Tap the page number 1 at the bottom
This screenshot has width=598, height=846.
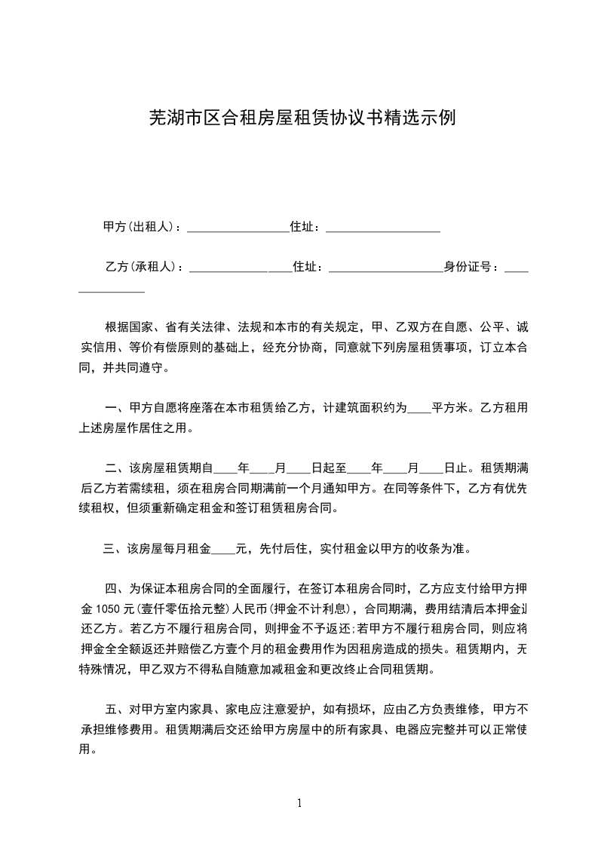pyautogui.click(x=300, y=802)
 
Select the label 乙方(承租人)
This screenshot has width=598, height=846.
pyautogui.click(x=141, y=266)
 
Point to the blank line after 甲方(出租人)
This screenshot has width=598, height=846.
pyautogui.click(x=238, y=228)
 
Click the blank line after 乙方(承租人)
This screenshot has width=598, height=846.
pyautogui.click(x=240, y=268)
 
